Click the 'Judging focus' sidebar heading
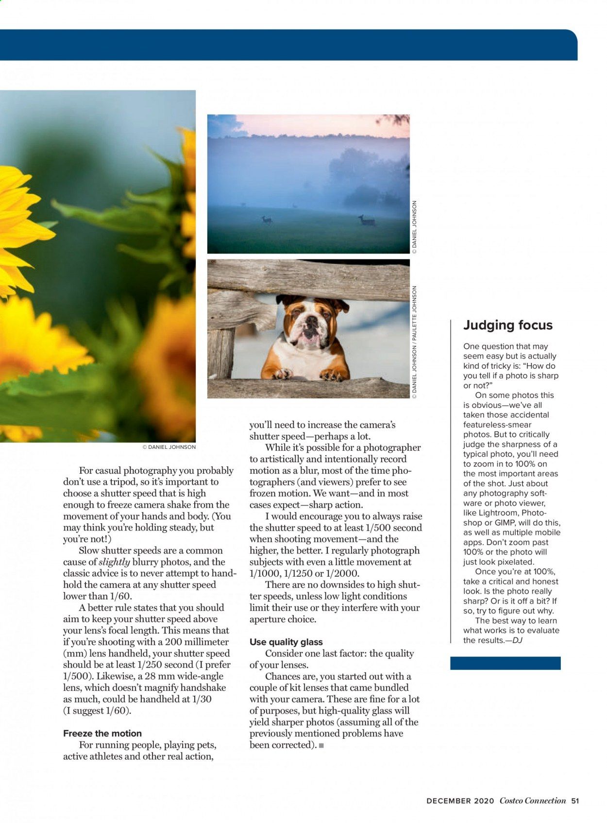(507, 325)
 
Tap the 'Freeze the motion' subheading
(102, 733)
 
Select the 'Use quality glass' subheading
(286, 642)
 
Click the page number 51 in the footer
(575, 801)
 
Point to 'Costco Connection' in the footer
(533, 801)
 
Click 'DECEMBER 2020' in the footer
(460, 801)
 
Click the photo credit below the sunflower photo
(169, 447)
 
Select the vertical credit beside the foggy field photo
(414, 227)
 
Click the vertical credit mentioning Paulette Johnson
(414, 342)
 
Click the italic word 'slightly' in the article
(114, 562)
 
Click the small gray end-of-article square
(321, 745)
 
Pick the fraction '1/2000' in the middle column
(342, 573)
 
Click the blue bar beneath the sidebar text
(505, 663)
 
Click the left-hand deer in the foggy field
(267, 220)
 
